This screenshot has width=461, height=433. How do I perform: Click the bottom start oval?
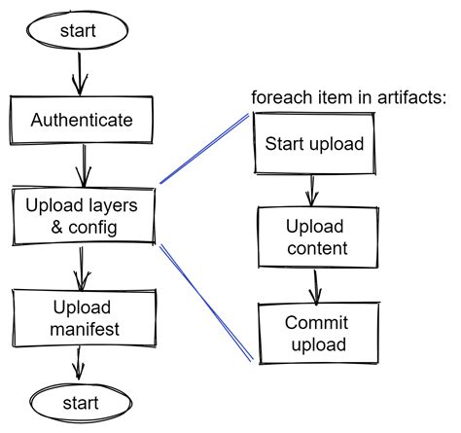click(x=79, y=401)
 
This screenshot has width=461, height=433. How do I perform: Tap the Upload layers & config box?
click(x=81, y=216)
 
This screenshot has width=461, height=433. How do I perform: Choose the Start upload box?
click(x=314, y=145)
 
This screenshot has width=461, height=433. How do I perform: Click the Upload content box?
click(x=314, y=238)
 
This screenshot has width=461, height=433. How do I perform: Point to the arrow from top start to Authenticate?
click(x=79, y=73)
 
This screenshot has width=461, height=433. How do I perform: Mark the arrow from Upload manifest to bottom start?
click(x=78, y=366)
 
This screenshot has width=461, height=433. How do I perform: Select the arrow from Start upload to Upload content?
click(x=310, y=191)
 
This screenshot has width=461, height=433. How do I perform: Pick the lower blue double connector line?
click(x=206, y=303)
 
